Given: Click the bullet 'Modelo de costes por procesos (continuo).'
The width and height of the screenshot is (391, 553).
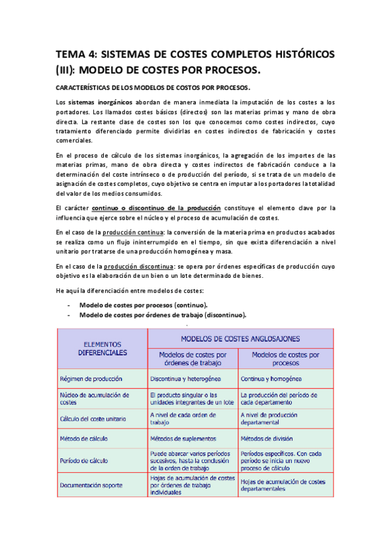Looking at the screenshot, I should [x=144, y=305].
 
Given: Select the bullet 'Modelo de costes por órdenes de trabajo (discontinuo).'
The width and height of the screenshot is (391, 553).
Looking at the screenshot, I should [x=163, y=315].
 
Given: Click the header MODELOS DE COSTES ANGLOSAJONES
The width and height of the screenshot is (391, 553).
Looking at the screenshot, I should [x=240, y=338].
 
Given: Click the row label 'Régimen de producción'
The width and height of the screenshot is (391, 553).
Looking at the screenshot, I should [x=89, y=378].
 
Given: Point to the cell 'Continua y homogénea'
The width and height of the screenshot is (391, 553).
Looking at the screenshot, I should [x=270, y=378].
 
